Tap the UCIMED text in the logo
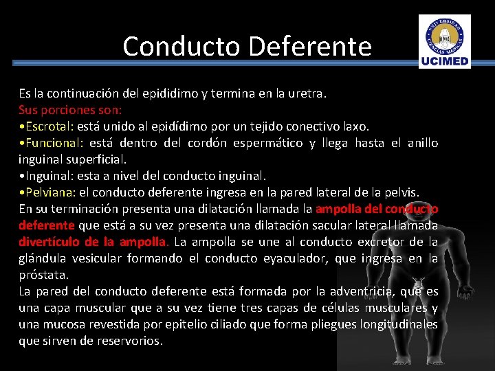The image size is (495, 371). [445, 62]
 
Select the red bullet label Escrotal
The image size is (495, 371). [49, 126]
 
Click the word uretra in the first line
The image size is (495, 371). [307, 93]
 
